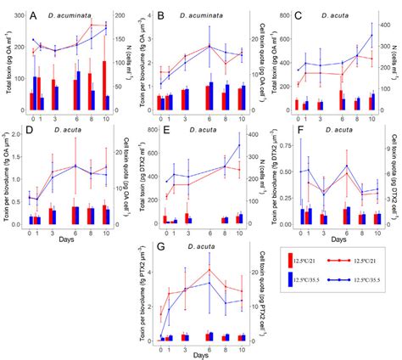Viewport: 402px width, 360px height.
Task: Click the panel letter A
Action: [31, 16]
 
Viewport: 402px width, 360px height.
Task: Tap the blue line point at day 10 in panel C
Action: [371, 35]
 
